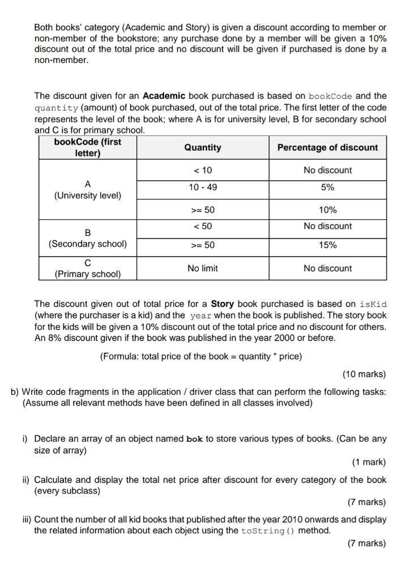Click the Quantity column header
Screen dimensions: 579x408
coord(203,148)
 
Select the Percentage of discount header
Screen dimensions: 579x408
coord(328,148)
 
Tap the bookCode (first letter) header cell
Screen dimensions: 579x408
coord(88,148)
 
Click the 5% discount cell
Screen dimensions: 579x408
coord(328,187)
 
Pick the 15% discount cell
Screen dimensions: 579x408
coord(328,245)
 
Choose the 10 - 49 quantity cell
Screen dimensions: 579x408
coord(203,187)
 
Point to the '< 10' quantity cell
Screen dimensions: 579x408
coord(203,170)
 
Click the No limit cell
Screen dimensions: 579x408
coord(203,269)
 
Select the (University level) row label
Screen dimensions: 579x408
coord(88,196)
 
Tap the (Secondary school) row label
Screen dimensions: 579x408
coord(88,244)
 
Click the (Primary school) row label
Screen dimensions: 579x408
coord(88,274)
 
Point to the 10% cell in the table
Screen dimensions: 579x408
coord(328,210)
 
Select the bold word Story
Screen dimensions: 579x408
coord(222,304)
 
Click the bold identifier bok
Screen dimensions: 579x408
coord(194,439)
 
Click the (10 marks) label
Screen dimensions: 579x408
coord(364,374)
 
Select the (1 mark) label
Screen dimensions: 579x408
coord(368,463)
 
